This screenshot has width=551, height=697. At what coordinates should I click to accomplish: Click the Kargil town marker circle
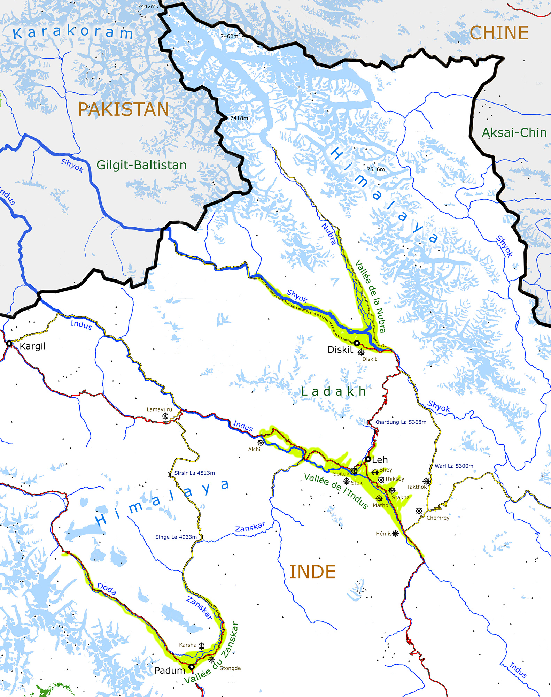click(x=9, y=344)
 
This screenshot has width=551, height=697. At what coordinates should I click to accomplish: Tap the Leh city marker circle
click(x=368, y=459)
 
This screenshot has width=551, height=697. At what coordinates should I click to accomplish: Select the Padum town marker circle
click(x=191, y=667)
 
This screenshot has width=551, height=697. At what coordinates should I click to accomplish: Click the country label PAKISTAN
click(x=123, y=109)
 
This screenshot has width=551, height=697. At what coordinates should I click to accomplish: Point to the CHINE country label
click(x=499, y=33)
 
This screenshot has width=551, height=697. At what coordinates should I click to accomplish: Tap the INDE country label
click(x=312, y=572)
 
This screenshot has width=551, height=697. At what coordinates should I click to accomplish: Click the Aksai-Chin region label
click(x=514, y=132)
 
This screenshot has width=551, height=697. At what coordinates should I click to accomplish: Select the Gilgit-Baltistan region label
click(x=141, y=165)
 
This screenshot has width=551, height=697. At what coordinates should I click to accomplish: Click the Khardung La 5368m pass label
click(x=400, y=422)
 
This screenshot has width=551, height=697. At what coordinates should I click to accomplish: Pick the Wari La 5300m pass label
click(x=454, y=466)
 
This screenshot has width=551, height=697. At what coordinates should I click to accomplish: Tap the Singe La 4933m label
click(x=176, y=537)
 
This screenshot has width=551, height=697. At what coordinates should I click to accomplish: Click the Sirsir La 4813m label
click(x=194, y=473)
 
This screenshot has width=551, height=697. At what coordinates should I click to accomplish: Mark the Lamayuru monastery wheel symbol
click(x=165, y=416)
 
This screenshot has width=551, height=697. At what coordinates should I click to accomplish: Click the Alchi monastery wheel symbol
click(x=261, y=443)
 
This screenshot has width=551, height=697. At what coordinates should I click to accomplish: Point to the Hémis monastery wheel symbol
click(x=395, y=533)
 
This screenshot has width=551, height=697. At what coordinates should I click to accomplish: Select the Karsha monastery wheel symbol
click(x=201, y=646)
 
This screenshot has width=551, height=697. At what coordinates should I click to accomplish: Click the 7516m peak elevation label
click(x=376, y=169)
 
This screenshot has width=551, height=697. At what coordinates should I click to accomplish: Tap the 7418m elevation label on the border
click(x=239, y=118)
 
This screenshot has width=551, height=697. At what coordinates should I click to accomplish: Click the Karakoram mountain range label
click(x=73, y=32)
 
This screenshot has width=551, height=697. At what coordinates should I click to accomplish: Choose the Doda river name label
click(x=107, y=589)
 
